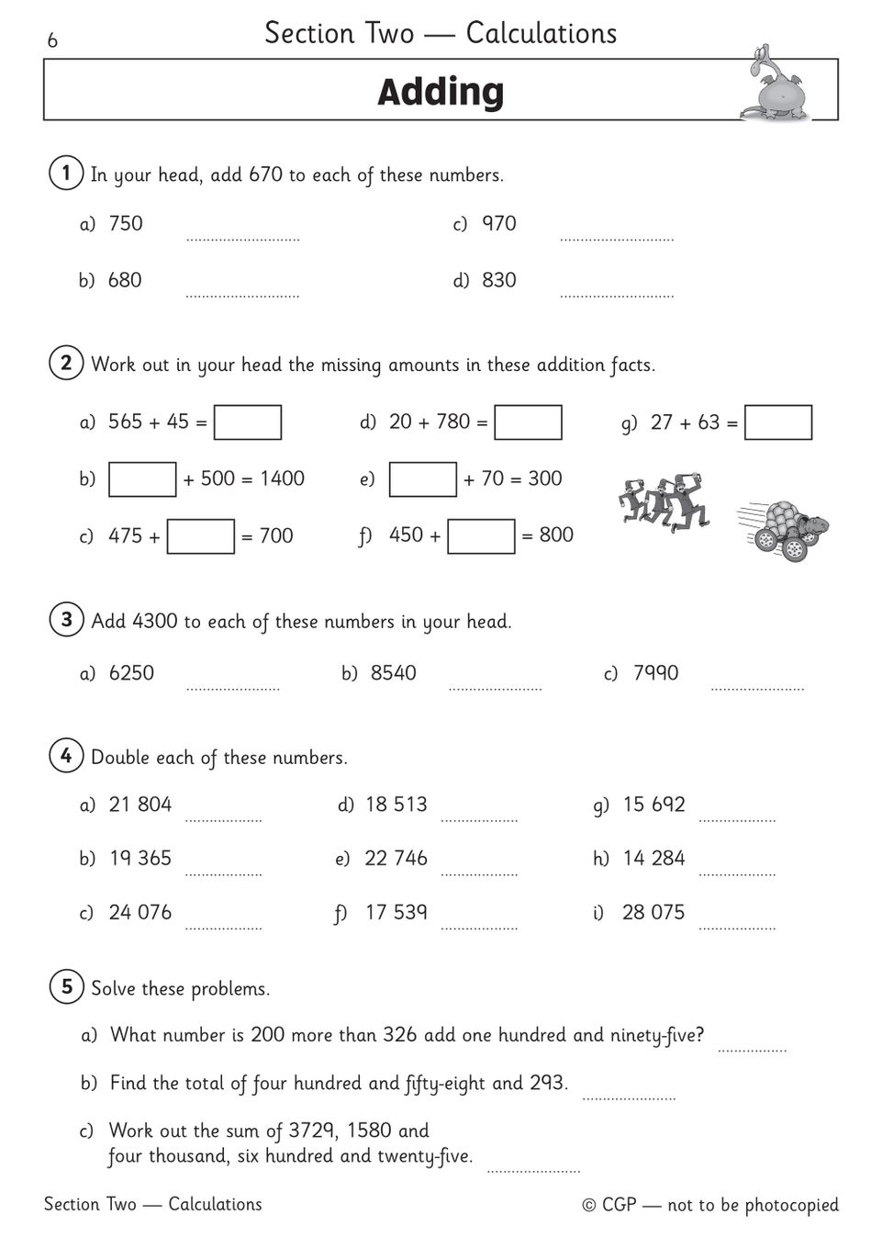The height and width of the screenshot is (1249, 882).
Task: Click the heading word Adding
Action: coord(441,92)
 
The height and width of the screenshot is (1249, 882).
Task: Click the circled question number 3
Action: coord(66,620)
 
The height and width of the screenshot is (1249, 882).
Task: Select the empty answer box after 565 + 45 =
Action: coord(248,422)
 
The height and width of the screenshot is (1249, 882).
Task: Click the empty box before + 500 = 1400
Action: coord(142,479)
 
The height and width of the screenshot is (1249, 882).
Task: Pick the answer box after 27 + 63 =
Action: coord(778,422)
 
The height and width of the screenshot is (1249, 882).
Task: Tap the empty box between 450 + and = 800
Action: coord(481,536)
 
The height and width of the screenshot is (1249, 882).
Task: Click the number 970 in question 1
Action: coord(499,223)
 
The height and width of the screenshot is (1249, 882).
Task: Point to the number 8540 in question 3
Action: coord(394,673)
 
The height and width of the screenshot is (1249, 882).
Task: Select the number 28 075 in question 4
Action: coord(653,912)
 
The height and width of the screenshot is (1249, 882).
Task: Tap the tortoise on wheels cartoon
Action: coord(785,531)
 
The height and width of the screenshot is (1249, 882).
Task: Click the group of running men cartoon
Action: coord(664,502)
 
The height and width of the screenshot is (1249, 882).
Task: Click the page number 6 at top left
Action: coord(52,40)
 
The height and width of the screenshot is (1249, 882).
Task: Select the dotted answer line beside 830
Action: coord(617,296)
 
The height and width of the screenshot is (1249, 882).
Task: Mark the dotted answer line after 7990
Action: coord(757,688)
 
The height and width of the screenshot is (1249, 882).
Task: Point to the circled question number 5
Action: coord(66,987)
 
